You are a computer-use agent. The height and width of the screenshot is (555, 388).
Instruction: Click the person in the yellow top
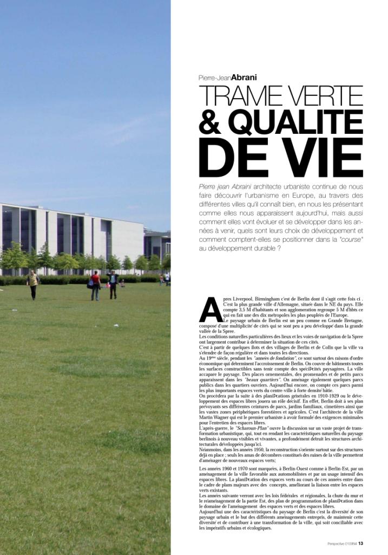(x=33, y=283)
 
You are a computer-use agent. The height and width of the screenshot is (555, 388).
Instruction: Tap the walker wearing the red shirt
(x=96, y=285)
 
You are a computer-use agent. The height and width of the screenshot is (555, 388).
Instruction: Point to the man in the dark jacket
(x=113, y=284)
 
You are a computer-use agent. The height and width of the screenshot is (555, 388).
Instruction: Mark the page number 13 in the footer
(x=361, y=544)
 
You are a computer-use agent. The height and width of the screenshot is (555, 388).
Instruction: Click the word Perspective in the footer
(x=338, y=544)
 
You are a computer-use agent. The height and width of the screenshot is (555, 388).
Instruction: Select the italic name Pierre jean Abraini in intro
(x=223, y=186)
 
